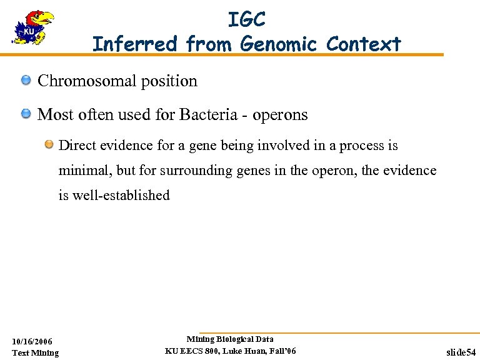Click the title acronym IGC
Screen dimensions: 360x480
(x=246, y=20)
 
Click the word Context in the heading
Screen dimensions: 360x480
(x=364, y=44)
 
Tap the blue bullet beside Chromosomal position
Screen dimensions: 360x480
(x=26, y=80)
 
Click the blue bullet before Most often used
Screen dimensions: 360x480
(x=26, y=114)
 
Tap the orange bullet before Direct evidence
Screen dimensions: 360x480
(x=48, y=145)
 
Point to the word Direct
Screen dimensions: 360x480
(x=76, y=146)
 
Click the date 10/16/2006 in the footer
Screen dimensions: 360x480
(x=32, y=341)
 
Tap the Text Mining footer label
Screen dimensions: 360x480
(x=36, y=353)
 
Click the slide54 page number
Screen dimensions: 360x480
(x=461, y=353)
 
